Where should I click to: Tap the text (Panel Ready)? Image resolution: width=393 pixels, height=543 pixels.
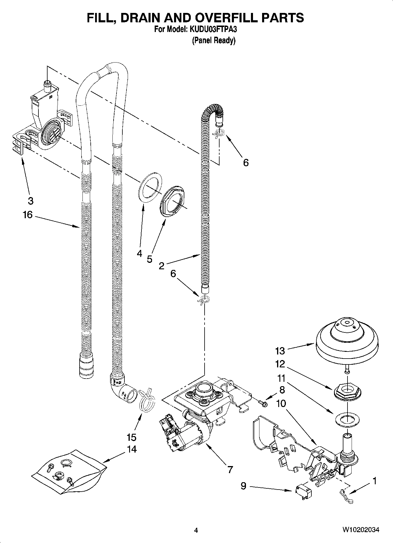click(x=214, y=41)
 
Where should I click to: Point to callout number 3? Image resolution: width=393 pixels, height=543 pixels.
click(x=31, y=201)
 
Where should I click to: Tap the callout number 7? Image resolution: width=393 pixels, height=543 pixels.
click(x=230, y=470)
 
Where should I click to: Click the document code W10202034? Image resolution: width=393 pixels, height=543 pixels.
click(x=361, y=529)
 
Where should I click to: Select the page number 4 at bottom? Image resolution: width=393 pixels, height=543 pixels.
click(x=196, y=530)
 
